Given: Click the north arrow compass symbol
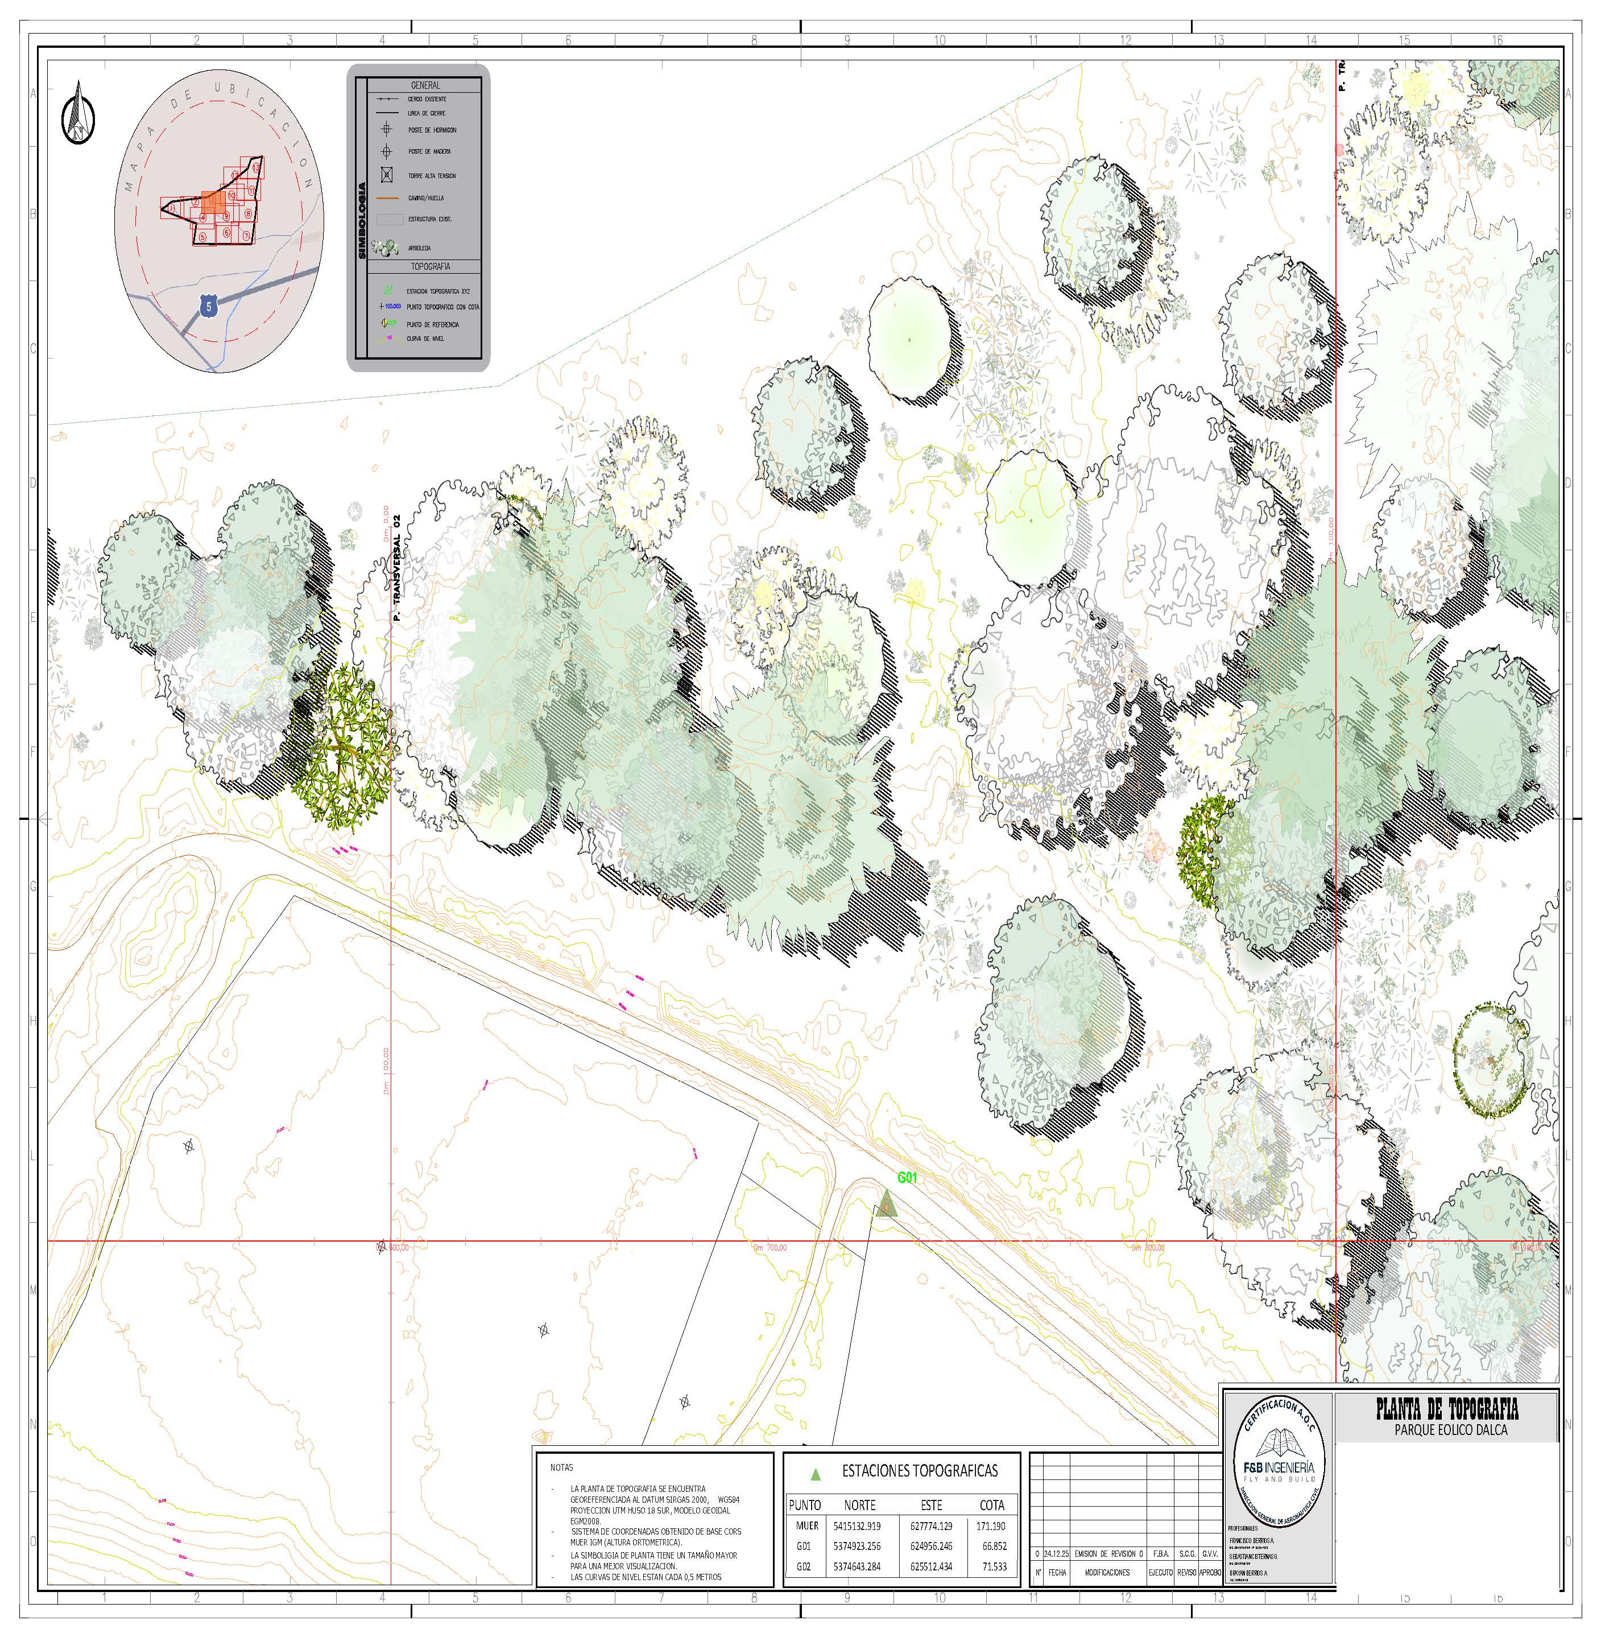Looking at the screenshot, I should pyautogui.click(x=78, y=112).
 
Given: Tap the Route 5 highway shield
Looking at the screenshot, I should pyautogui.click(x=209, y=307).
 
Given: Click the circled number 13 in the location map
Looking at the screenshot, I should pyautogui.click(x=255, y=169).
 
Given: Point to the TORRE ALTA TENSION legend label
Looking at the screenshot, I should pyautogui.click(x=432, y=176).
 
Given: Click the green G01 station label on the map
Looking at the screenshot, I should pyautogui.click(x=907, y=1178).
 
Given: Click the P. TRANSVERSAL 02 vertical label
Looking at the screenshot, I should pyautogui.click(x=397, y=568).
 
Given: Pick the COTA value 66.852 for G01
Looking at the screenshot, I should pyautogui.click(x=994, y=1546).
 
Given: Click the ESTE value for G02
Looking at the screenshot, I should pyautogui.click(x=931, y=1566).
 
